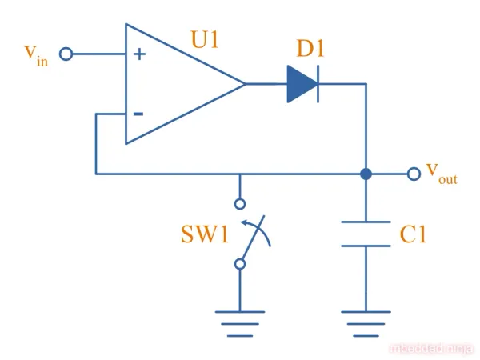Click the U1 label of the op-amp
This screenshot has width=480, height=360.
(205, 39)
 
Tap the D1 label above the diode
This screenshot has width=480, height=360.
(310, 48)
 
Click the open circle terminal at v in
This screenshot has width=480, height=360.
(66, 54)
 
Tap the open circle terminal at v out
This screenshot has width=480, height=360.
(413, 174)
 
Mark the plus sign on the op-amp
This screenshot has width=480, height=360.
(140, 54)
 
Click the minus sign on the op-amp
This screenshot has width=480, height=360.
(138, 114)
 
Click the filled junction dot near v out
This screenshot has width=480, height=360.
(366, 174)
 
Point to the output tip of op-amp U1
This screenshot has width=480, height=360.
(244, 83)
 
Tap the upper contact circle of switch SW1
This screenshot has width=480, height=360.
(239, 203)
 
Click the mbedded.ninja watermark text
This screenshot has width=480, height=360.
(431, 348)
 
